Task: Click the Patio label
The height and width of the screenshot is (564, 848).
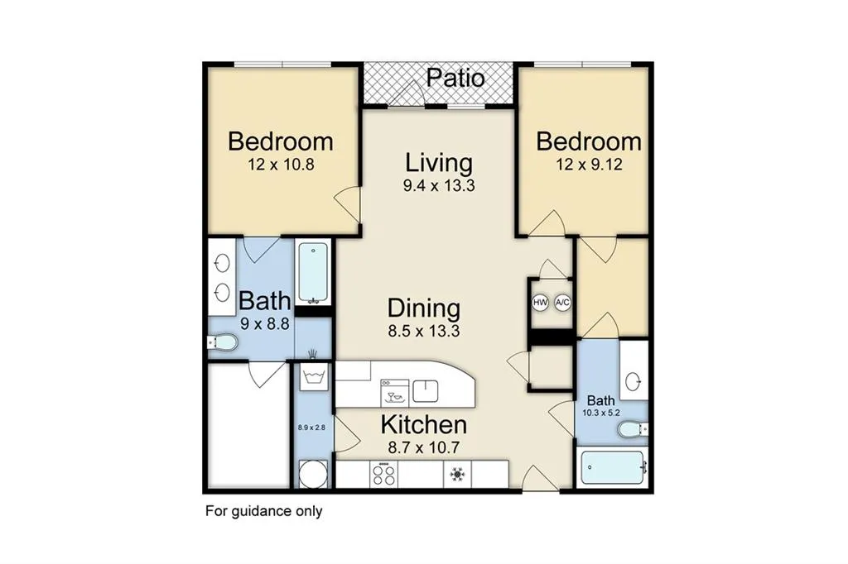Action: [x=455, y=79]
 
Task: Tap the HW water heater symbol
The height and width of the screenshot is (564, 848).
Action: [x=541, y=303]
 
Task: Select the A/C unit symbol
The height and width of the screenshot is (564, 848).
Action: [x=563, y=303]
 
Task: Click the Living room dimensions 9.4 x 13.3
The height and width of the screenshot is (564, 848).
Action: [x=438, y=185]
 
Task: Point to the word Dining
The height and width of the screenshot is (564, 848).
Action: [x=423, y=308]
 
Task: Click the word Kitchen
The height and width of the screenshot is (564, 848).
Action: [x=423, y=426]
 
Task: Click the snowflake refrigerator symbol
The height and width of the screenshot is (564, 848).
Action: [x=455, y=475]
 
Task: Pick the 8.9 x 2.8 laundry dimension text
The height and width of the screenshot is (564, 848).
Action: [x=311, y=428]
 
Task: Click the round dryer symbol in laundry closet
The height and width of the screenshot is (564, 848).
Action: [x=311, y=475]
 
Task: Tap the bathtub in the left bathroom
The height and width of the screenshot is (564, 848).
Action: [x=313, y=272]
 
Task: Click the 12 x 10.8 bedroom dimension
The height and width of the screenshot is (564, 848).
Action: [x=281, y=165]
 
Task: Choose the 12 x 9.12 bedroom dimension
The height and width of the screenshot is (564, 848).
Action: [x=589, y=165]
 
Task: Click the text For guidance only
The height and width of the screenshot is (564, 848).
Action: [x=263, y=511]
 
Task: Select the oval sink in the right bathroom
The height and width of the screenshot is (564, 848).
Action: [x=634, y=382]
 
